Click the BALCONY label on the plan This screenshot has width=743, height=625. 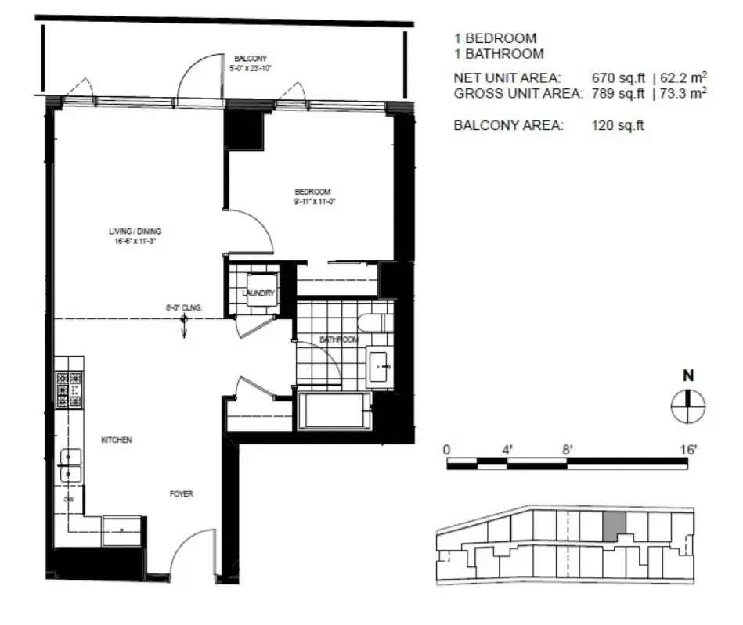[251, 58]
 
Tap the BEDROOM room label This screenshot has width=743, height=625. [312, 192]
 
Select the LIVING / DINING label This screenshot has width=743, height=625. [135, 232]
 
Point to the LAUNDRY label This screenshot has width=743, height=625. [258, 294]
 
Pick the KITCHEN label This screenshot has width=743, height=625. [116, 440]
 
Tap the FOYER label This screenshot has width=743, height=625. [181, 494]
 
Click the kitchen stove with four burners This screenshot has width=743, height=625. [69, 389]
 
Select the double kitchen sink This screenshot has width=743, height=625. [70, 465]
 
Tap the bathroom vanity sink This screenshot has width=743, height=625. [382, 365]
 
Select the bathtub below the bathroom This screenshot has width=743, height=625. [334, 411]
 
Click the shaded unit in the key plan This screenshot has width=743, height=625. [615, 525]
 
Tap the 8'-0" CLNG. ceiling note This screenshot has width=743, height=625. [184, 308]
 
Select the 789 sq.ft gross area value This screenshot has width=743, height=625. [619, 93]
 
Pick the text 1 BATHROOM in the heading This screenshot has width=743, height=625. [499, 54]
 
